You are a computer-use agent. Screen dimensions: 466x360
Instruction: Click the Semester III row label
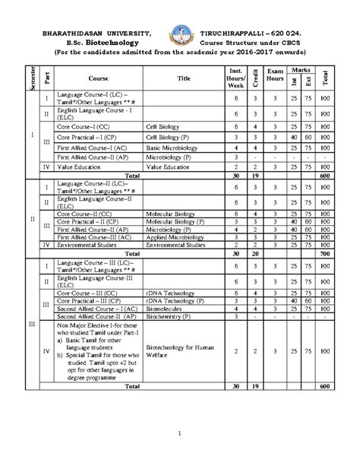point(31,323)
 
